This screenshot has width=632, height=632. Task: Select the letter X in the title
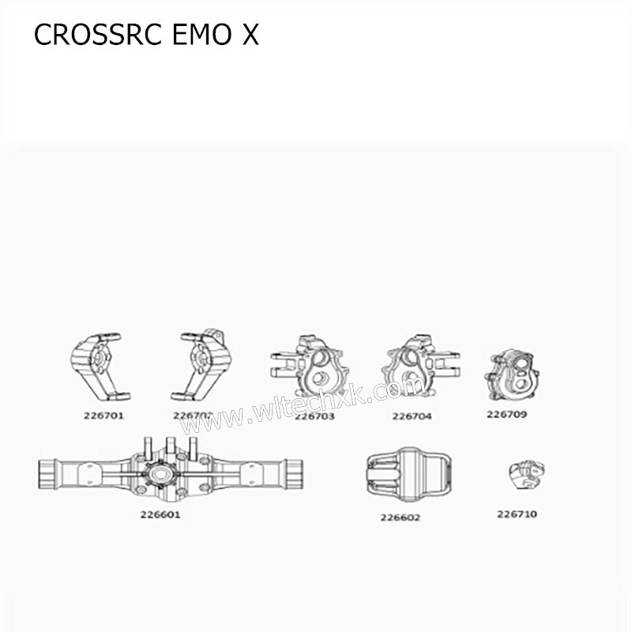pos(250,36)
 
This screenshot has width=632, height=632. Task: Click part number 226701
pos(103,415)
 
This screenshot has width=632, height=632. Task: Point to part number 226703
pos(314,416)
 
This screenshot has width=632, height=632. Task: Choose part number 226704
pos(412,416)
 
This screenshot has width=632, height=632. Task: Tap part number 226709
pos(506,413)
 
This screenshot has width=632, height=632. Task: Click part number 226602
pos(400,517)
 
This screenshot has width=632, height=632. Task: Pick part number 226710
pos(517,513)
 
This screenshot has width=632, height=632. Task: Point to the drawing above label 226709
pos(510,375)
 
